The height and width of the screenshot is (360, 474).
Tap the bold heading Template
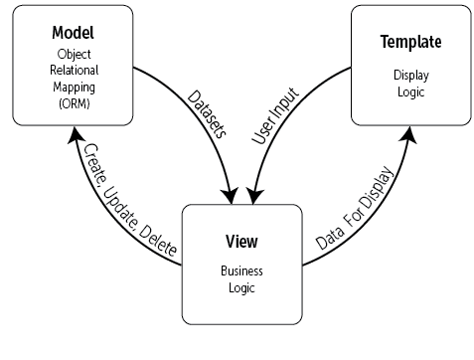pyautogui.click(x=409, y=42)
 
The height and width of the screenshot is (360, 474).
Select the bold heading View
pyautogui.click(x=241, y=243)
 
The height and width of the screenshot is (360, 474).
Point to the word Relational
pyautogui.click(x=73, y=71)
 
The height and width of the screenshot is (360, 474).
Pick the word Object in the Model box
pyautogui.click(x=73, y=56)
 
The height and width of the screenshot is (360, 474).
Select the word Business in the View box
pyautogui.click(x=241, y=270)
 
